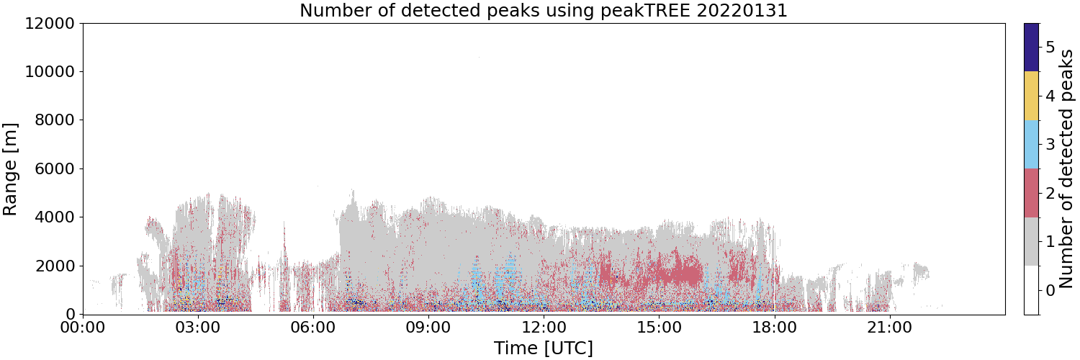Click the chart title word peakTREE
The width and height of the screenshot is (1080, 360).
[x=644, y=10]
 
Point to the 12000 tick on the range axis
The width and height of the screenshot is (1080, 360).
[x=50, y=23]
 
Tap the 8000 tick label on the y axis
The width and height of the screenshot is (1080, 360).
[x=55, y=120]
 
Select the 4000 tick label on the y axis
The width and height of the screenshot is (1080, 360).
[x=55, y=217]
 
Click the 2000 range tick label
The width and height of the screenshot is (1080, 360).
[x=55, y=266]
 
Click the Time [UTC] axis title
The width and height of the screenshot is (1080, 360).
[x=544, y=348]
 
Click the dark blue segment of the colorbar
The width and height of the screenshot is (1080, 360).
[x=1032, y=48]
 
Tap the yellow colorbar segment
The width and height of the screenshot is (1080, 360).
[x=1032, y=96]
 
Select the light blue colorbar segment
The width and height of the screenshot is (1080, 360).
[x=1032, y=145]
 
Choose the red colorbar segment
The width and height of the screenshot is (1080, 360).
[x=1032, y=193]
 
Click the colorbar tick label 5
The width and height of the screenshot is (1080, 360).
[x=1050, y=48]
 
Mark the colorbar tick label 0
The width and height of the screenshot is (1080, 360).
[x=1050, y=290]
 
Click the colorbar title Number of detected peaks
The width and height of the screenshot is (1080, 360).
[x=1067, y=169]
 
